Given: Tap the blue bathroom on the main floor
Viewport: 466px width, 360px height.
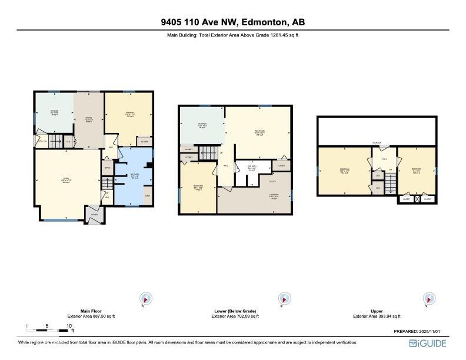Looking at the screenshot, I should point(134,176).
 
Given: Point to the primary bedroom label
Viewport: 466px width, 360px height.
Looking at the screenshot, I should point(129,115).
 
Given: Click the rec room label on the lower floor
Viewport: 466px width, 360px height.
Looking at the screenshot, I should point(259,131).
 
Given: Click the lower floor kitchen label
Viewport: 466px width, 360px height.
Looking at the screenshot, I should point(202,125).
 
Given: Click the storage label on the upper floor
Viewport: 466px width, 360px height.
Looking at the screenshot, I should point(377,142).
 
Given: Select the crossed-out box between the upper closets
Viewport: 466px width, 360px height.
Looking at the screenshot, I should point(417,199).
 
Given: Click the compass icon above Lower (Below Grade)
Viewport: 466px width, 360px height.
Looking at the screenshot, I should point(285,299).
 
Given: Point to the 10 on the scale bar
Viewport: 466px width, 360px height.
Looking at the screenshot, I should point(69,325).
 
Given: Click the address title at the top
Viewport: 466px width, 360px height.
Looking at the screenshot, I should point(233,22).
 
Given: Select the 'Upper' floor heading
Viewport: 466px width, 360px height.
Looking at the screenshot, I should point(377,311).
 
